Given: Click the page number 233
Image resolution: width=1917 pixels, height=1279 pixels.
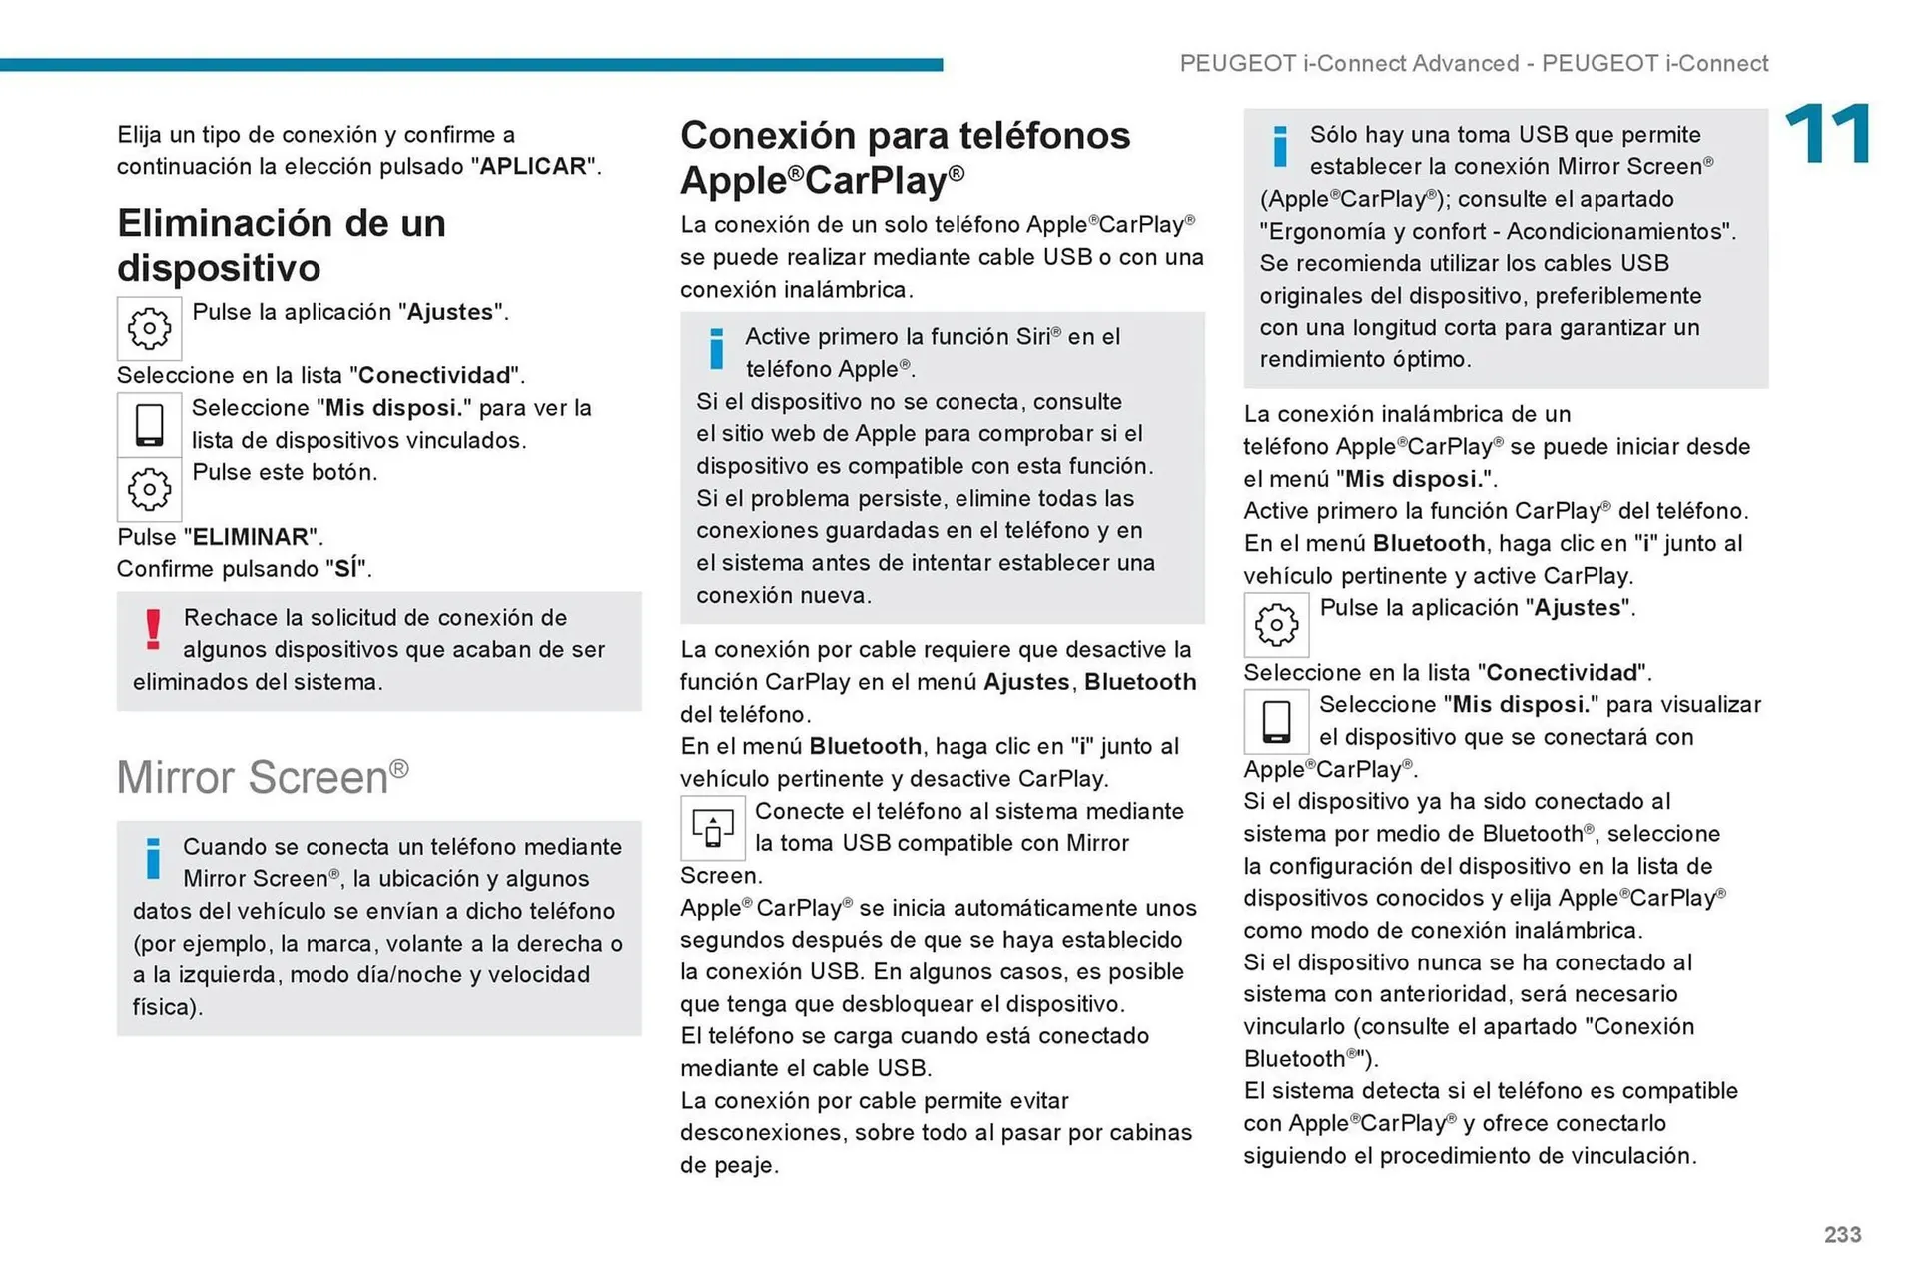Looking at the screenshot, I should [1842, 1234].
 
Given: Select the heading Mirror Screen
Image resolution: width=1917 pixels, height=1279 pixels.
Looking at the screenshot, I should [262, 777].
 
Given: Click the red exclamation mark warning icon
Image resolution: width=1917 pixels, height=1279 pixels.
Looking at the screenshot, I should [153, 629].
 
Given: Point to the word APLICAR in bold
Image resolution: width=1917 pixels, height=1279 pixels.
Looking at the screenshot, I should [533, 166].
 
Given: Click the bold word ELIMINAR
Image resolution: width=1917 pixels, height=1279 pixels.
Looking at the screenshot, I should [251, 537].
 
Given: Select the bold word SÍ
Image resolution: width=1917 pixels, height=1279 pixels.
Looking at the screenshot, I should [345, 569].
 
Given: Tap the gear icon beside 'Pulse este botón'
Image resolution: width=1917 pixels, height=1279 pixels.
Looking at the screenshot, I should [149, 489].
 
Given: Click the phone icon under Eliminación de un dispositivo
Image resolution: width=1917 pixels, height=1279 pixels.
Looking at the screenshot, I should [149, 425].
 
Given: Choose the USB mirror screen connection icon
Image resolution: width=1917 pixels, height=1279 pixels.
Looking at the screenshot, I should [712, 828].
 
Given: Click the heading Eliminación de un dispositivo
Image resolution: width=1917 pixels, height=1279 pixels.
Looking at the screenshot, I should [281, 245].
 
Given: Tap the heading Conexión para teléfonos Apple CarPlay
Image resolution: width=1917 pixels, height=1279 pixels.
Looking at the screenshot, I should [904, 157].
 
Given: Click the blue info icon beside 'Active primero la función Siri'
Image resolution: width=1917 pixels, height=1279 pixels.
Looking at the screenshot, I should [716, 348].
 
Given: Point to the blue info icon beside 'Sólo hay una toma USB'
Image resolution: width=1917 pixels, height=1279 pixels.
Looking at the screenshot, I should [1280, 146].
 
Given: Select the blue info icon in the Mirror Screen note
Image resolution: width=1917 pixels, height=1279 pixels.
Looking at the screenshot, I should [153, 858].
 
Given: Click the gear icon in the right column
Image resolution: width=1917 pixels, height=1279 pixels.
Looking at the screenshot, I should [1275, 625].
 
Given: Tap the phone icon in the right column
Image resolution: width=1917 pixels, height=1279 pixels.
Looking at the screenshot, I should [1275, 721].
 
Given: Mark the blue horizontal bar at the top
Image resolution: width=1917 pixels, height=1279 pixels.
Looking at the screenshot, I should [470, 64].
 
